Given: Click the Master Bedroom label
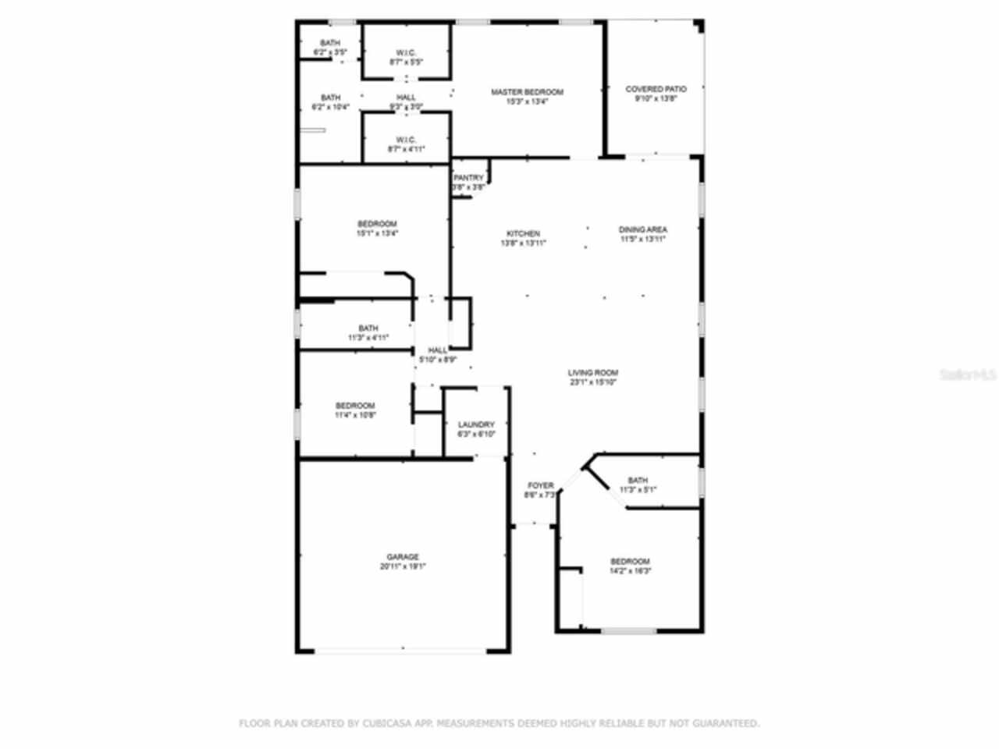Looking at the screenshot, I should [527, 92].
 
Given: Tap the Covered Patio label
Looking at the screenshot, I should [656, 90].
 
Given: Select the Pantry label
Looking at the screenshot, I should [468, 178].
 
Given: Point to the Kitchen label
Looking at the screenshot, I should [523, 234].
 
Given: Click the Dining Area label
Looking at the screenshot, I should [643, 230].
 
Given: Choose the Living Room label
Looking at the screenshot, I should [593, 373].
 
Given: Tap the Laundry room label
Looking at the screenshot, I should [476, 425].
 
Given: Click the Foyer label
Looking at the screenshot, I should [540, 485].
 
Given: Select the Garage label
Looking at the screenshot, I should [403, 557].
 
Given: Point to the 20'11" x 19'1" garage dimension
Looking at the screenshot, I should [403, 567].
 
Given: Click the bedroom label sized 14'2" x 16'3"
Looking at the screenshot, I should [630, 562].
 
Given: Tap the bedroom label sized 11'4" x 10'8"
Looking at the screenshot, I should [355, 406].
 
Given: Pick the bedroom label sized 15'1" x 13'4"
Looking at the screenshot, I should [377, 224].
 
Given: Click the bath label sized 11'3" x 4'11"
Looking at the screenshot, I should [368, 328].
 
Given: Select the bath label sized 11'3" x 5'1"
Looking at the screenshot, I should [638, 481].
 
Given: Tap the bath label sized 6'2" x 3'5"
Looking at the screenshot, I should [330, 43].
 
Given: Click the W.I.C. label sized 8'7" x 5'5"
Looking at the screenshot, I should [406, 53].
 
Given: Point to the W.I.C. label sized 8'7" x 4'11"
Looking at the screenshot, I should [406, 140].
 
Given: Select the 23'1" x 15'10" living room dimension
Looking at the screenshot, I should [593, 383].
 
